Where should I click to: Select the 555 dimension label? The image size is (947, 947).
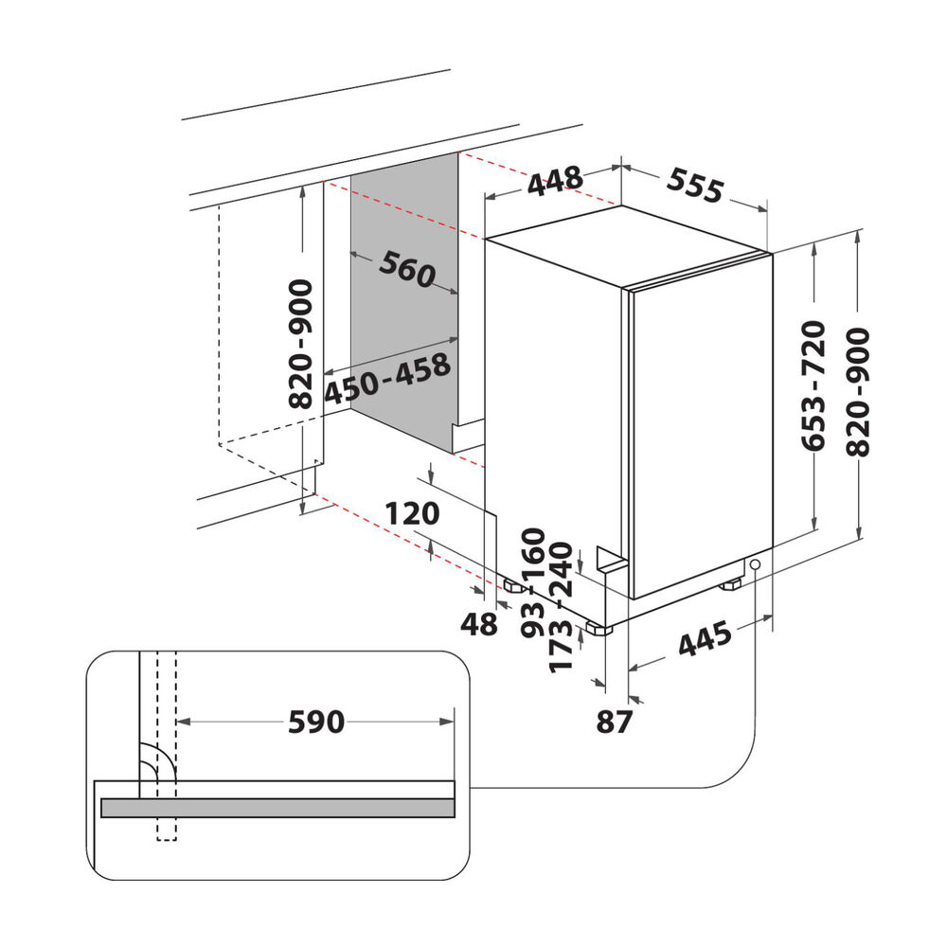tap(695, 186)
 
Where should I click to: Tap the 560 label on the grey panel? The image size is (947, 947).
tap(406, 271)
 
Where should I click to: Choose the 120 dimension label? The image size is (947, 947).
tap(413, 513)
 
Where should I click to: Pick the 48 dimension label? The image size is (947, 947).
tap(479, 624)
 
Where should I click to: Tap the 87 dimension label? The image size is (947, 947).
tap(614, 722)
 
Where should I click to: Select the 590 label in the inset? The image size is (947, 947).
tap(316, 723)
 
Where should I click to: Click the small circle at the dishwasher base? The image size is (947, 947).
tap(755, 565)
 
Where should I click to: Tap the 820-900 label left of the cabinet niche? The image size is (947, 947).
tap(300, 343)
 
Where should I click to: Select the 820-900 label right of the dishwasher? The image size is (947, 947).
tap(858, 391)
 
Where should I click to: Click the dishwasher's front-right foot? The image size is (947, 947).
tap(732, 586)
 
